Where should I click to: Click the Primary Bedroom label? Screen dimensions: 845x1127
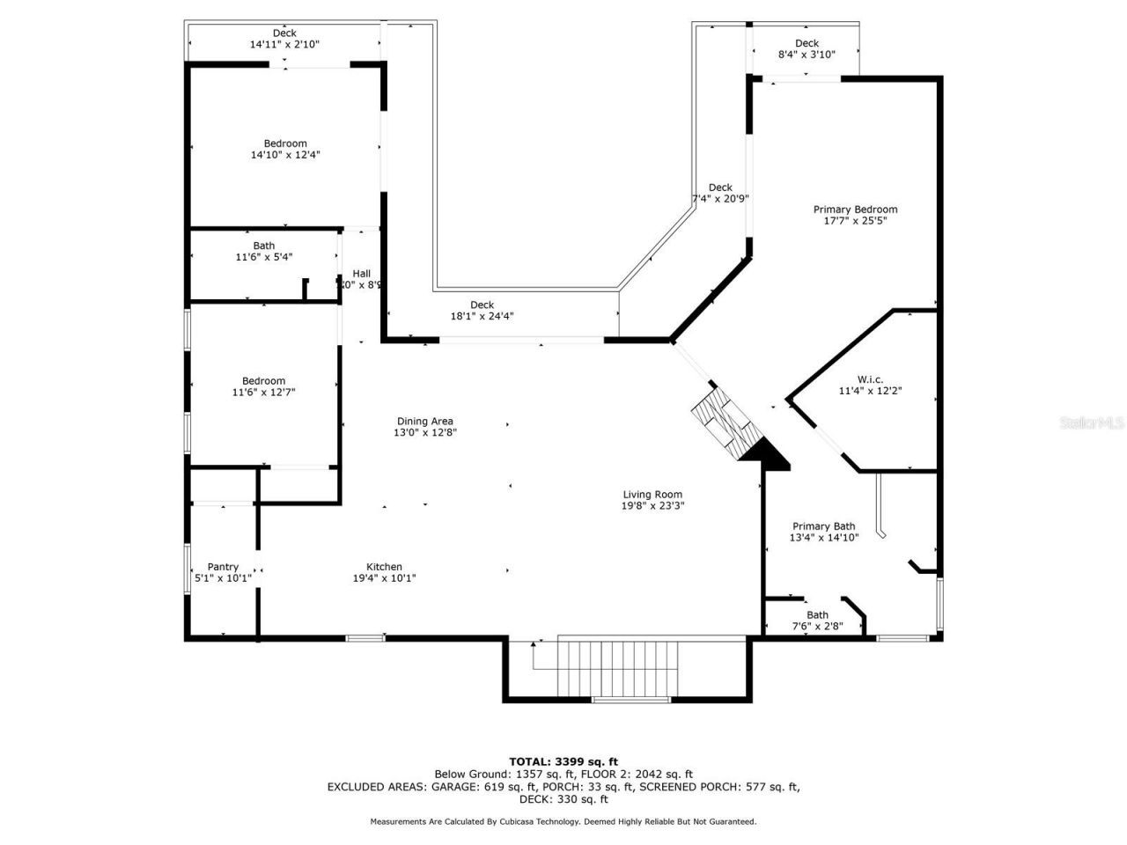pos(855,209)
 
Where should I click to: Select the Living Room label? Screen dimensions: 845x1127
pos(652,495)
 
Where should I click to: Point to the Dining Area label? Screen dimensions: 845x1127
pos(424,422)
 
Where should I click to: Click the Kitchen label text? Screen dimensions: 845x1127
pos(384,567)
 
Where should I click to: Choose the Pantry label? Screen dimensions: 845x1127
pos(223,567)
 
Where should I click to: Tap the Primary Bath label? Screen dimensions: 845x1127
pos(823,526)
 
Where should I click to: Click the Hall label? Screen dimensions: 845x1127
pos(362,274)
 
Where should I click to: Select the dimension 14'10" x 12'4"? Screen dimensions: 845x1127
pos(285,155)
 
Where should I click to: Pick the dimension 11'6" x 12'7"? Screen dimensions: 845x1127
pos(263,393)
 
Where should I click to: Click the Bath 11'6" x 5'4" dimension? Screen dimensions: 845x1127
pos(263,257)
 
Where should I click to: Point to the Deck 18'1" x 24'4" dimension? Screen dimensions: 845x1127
pos(482,316)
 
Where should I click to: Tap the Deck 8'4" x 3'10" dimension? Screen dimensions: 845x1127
pos(807,55)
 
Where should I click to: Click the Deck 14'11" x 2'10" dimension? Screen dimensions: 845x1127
pos(284,44)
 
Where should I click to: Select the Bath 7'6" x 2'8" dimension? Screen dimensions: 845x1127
pos(817,627)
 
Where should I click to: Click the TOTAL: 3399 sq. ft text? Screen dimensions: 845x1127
pos(563,761)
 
